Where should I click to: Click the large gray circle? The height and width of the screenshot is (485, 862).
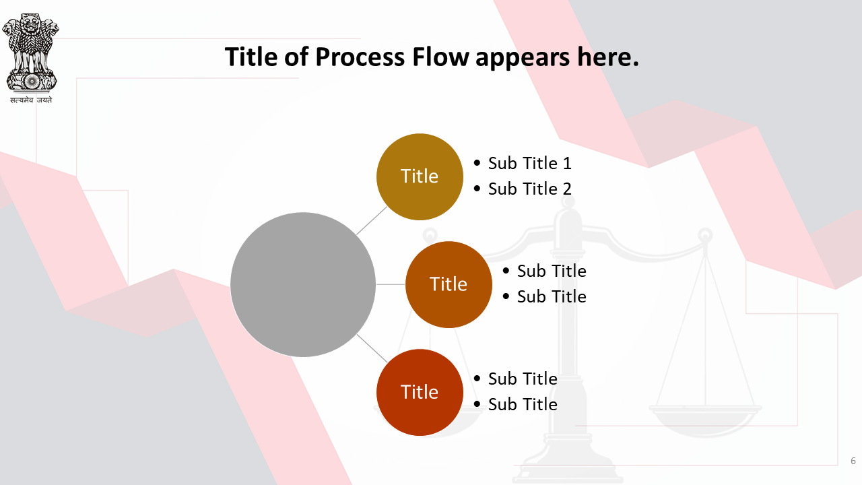tap(303, 284)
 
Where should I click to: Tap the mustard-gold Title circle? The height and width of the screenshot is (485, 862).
tap(420, 176)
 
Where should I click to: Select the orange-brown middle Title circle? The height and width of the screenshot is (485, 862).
tap(449, 284)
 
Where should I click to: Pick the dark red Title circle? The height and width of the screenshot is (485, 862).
tap(420, 392)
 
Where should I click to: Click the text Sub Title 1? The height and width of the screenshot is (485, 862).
tap(530, 163)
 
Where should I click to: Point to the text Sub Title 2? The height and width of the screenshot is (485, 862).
tap(530, 189)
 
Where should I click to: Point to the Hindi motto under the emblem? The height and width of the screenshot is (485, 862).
tap(31, 100)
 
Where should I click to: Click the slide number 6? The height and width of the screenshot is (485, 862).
tap(853, 461)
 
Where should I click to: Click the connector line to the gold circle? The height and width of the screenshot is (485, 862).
tap(372, 220)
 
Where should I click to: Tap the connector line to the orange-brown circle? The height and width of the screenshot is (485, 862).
tap(390, 284)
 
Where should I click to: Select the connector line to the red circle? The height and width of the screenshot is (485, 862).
tap(372, 349)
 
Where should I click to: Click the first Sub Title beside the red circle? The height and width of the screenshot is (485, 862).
tap(523, 379)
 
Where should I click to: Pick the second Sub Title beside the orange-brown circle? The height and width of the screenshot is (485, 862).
tap(552, 296)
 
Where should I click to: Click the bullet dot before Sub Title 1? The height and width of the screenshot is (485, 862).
tap(477, 163)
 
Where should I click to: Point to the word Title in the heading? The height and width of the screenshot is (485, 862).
tap(251, 57)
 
